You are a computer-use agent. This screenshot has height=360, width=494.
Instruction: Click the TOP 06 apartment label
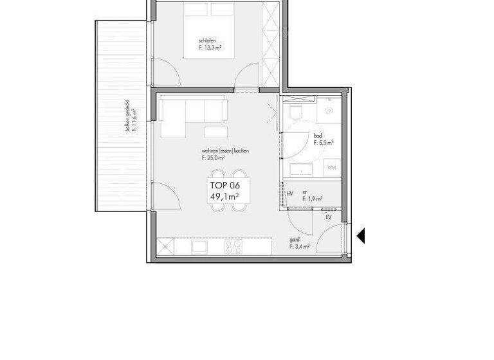click(224, 185)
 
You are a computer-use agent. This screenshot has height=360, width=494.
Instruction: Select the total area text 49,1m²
click(224, 197)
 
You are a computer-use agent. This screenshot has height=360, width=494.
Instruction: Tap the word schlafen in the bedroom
click(207, 40)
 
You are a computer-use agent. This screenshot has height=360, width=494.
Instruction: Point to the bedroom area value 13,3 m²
click(210, 48)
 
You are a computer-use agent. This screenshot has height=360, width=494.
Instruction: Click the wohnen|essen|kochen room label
click(225, 150)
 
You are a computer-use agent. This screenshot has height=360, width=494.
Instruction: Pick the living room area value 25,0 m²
click(215, 157)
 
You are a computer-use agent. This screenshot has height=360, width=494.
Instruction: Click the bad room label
click(318, 136)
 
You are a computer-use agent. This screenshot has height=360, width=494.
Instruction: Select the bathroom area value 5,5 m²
click(323, 143)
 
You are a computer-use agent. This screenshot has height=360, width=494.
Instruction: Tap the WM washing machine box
click(332, 167)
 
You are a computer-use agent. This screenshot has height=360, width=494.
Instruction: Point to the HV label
click(290, 194)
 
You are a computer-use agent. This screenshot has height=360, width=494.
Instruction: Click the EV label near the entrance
click(329, 218)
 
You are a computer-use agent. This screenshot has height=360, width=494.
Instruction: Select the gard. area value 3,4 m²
click(300, 246)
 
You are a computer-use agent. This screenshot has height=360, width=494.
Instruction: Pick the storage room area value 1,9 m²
click(312, 200)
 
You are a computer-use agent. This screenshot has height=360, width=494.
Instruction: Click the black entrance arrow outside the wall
click(361, 236)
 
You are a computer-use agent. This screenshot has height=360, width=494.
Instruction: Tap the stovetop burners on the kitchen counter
click(233, 246)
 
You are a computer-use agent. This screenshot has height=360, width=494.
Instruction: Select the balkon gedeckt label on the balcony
click(129, 116)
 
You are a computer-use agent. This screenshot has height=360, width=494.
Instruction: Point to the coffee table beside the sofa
click(215, 132)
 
